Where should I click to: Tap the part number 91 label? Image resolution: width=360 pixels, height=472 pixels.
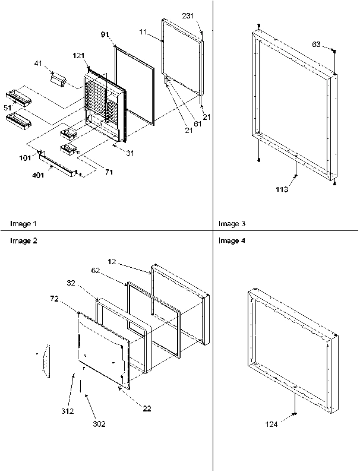point(105,35)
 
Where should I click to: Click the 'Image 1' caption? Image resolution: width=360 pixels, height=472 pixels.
point(23,224)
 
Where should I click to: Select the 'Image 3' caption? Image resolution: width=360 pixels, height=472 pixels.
point(231,224)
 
